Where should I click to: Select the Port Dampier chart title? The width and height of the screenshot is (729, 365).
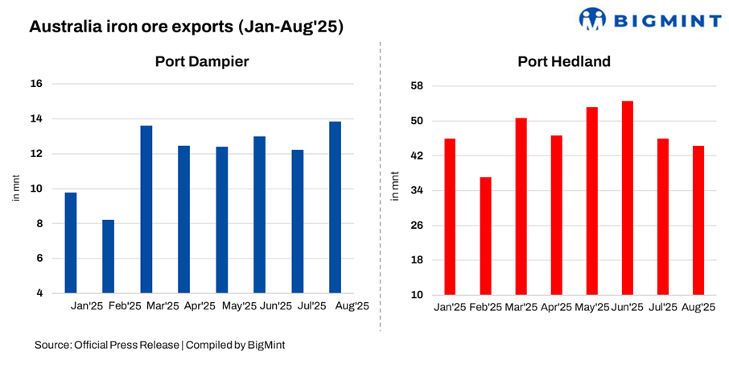point(201,62)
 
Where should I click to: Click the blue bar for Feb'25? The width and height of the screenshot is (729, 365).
point(108,256)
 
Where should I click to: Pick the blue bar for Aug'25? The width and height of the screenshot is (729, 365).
point(335,207)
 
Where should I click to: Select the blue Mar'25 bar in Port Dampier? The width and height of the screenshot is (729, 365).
point(146,209)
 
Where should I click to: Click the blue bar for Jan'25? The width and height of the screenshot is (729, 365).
point(71,243)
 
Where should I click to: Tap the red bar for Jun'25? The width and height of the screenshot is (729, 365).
point(628,198)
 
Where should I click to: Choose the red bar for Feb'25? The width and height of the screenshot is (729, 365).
point(486,236)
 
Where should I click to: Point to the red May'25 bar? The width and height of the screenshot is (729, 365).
point(592,201)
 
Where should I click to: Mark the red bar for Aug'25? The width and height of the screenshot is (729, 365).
point(698,220)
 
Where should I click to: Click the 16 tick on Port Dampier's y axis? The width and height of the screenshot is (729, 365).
point(36,84)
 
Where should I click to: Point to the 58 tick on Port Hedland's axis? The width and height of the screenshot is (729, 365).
point(418,86)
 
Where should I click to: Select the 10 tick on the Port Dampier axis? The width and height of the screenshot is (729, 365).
point(36,189)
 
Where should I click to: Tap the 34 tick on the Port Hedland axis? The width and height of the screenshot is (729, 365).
point(418,191)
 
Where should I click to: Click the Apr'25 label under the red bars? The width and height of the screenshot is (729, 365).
point(557,307)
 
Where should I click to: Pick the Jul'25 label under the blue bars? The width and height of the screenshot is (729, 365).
point(312,306)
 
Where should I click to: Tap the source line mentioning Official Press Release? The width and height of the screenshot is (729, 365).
point(159,345)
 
